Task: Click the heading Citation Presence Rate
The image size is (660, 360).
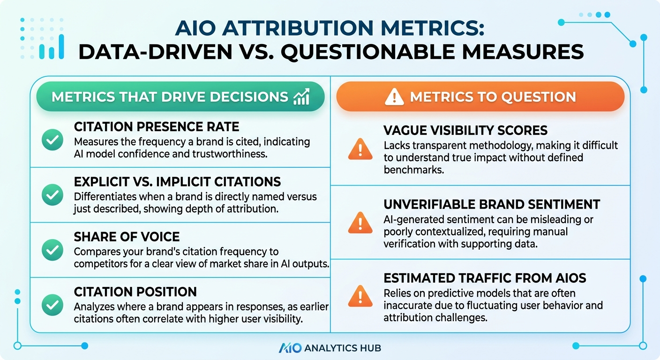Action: (157, 127)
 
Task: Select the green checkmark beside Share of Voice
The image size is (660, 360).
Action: (52, 250)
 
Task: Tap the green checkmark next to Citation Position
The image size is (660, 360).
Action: (52, 305)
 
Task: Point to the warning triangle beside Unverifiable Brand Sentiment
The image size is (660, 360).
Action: (360, 223)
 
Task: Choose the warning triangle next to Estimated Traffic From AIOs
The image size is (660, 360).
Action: (360, 297)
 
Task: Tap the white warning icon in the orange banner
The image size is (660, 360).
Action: (394, 97)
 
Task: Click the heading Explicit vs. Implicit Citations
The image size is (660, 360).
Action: (177, 181)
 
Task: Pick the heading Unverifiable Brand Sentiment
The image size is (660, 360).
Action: (492, 204)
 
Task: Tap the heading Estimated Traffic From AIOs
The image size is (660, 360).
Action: (485, 278)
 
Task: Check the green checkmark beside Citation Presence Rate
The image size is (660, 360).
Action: (52, 140)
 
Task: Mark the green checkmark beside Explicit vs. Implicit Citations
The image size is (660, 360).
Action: (52, 195)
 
